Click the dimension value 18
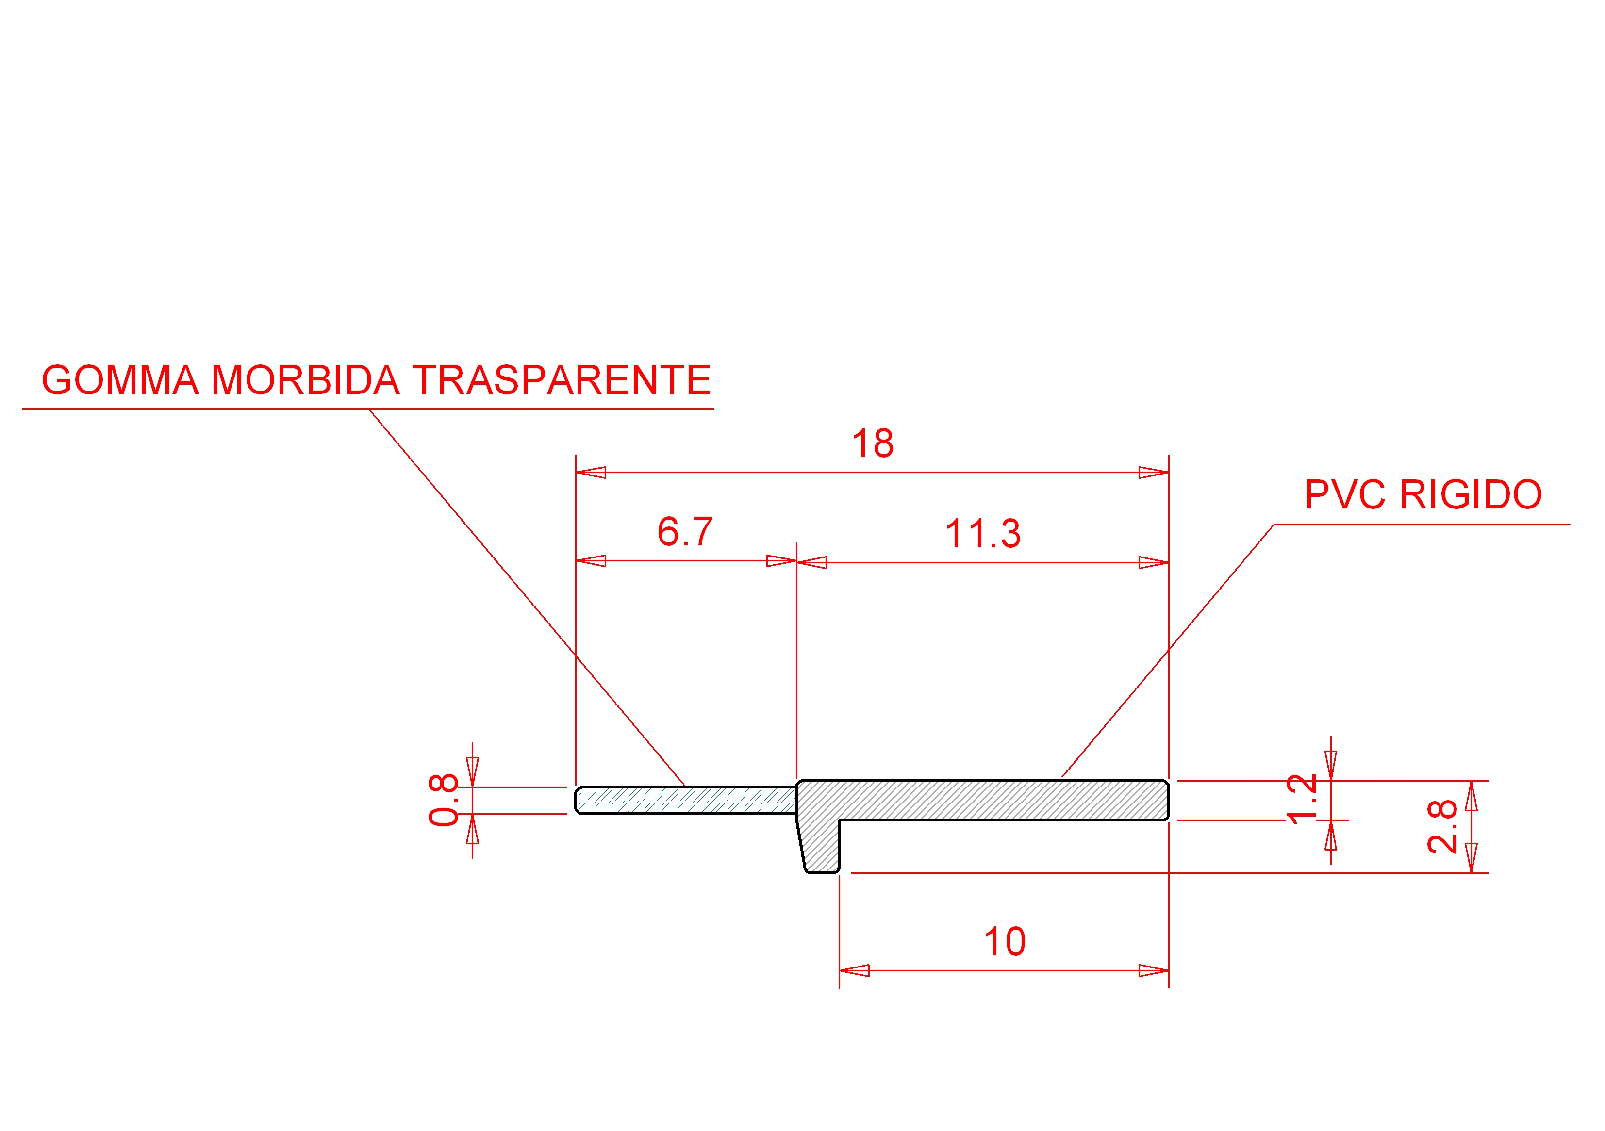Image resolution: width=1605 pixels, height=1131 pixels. pyautogui.click(x=873, y=444)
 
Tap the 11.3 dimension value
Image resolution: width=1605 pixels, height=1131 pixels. pyautogui.click(x=983, y=534)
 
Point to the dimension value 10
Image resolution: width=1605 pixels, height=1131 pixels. pyautogui.click(x=1005, y=942)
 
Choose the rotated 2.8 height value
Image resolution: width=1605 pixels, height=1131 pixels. pyautogui.click(x=1441, y=827)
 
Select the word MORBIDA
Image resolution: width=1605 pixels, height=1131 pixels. pyautogui.click(x=305, y=380)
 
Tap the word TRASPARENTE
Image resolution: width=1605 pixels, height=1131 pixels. pyautogui.click(x=562, y=380)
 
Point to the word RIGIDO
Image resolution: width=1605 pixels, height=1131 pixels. pyautogui.click(x=1471, y=495)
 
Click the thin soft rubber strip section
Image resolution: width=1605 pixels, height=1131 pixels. pyautogui.click(x=685, y=801)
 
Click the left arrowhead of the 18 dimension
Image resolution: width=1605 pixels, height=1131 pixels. pyautogui.click(x=590, y=473)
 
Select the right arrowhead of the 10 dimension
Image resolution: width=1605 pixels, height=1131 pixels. pyautogui.click(x=1154, y=971)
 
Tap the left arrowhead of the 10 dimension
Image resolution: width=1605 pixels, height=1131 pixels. pyautogui.click(x=854, y=971)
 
